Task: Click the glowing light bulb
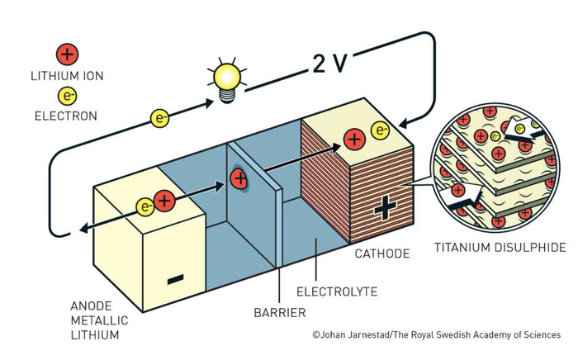(227, 79)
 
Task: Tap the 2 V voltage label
(330, 63)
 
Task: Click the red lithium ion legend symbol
(67, 54)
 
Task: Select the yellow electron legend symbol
(67, 96)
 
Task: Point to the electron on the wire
(159, 118)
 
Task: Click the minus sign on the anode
(175, 279)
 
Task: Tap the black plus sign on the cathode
(386, 207)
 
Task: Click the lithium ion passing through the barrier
(239, 178)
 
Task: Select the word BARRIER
(280, 313)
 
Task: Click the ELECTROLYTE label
(337, 291)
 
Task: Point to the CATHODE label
(382, 253)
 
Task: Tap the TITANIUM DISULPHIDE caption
(500, 247)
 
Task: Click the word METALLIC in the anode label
(99, 320)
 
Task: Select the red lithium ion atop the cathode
(354, 140)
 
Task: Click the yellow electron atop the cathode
(380, 130)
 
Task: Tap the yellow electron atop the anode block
(145, 206)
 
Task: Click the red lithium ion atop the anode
(164, 201)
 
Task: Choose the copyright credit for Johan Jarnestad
(437, 335)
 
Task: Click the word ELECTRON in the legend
(65, 116)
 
